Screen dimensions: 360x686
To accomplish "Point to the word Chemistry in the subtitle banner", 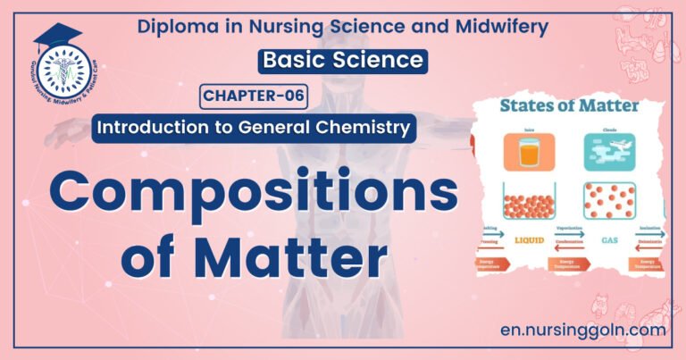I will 362,128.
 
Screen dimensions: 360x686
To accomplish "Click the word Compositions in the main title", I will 240,189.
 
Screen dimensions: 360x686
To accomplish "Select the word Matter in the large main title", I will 290,256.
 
